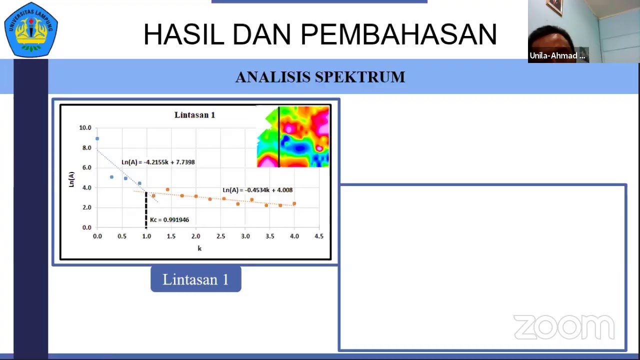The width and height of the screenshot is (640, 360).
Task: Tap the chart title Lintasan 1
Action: pyautogui.click(x=194, y=115)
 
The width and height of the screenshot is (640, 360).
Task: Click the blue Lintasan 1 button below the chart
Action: pyautogui.click(x=196, y=279)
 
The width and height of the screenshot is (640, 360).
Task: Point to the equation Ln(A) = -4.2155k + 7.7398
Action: pyautogui.click(x=158, y=162)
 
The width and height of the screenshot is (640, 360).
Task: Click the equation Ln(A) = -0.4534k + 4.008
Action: pyautogui.click(x=257, y=190)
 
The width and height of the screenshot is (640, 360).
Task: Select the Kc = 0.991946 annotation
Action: pyautogui.click(x=169, y=220)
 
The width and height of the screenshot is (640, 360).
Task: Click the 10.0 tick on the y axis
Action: pyautogui.click(x=85, y=128)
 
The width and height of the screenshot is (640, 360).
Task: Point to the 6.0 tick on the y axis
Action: pyautogui.click(x=86, y=167)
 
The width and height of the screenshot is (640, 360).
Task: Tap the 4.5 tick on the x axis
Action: pyautogui.click(x=318, y=236)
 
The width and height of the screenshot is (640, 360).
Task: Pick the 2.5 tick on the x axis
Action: pyautogui.click(x=220, y=236)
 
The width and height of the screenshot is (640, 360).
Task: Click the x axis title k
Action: pyautogui.click(x=199, y=248)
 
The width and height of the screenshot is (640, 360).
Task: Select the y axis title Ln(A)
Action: pyautogui.click(x=71, y=179)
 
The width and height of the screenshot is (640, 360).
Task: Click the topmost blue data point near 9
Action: pyautogui.click(x=97, y=138)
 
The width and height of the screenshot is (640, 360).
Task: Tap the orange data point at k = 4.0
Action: pyautogui.click(x=294, y=203)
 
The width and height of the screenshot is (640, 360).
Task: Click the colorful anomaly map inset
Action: pyautogui.click(x=293, y=136)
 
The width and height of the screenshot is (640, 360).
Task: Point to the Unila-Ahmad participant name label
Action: pyautogui.click(x=557, y=55)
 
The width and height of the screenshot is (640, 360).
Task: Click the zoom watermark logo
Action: pyautogui.click(x=563, y=327)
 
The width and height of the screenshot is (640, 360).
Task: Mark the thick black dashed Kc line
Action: pyautogui.click(x=146, y=210)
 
